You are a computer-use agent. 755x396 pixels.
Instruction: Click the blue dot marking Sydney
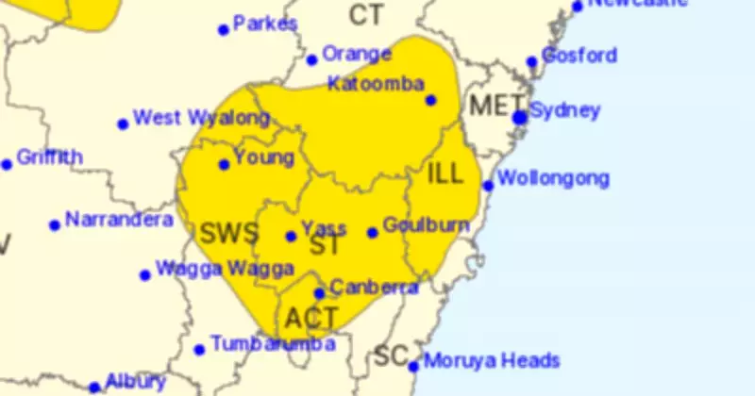tap(519, 118)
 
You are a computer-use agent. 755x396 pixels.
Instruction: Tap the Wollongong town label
tap(553, 178)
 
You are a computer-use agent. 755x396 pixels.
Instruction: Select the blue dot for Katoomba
tap(431, 100)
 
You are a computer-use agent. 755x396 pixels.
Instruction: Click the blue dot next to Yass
tap(292, 236)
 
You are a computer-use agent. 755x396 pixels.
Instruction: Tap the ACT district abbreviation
tap(310, 317)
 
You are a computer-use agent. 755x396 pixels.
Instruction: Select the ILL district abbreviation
tap(446, 173)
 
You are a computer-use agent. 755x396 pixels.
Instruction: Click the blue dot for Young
tap(224, 164)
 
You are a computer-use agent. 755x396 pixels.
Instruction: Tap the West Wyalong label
tap(201, 119)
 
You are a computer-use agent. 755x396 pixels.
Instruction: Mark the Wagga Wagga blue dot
tap(145, 275)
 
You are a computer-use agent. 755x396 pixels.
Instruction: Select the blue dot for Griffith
tap(7, 164)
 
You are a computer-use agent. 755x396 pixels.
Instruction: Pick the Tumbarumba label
tap(273, 344)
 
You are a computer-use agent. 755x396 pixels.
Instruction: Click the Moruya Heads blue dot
tap(413, 365)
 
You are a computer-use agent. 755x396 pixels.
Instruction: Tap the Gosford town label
tap(579, 55)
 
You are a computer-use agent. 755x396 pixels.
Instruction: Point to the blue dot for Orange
tap(311, 60)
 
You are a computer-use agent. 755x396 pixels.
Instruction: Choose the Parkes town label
tap(265, 24)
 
